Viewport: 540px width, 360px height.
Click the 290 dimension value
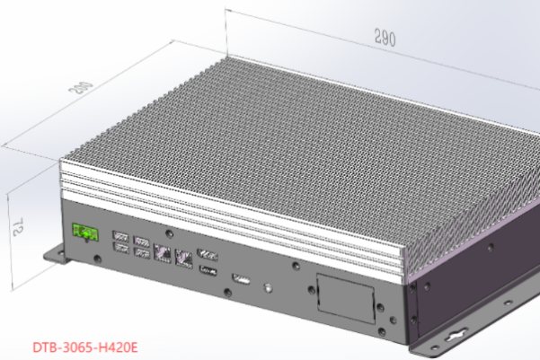(x=385, y=38)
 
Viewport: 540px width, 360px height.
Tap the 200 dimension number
(x=81, y=87)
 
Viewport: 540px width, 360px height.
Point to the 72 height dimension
(x=18, y=226)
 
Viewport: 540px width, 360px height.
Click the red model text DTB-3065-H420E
(x=85, y=347)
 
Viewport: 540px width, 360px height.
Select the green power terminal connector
(x=85, y=233)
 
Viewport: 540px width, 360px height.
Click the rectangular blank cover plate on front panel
(x=346, y=298)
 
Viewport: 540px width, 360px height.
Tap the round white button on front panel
(x=269, y=287)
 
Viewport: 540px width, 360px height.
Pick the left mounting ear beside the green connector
(x=55, y=255)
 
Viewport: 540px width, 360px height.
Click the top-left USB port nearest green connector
(x=121, y=236)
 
